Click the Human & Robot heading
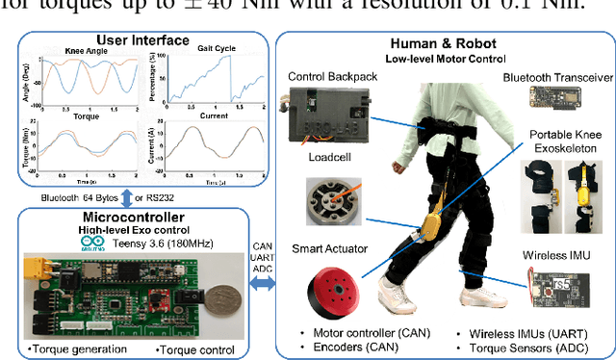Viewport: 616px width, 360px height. coord(443,43)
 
